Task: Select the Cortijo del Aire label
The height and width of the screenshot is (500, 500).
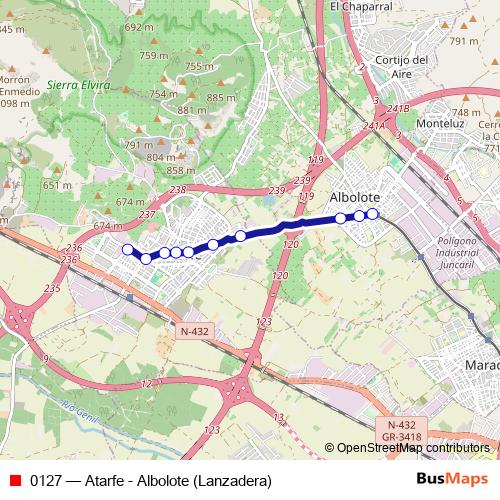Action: coord(398,66)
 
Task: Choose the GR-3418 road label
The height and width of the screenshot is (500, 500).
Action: coord(401,437)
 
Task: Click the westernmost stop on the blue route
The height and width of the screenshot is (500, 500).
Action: coord(127,250)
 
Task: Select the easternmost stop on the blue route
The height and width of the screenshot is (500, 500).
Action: coord(373,213)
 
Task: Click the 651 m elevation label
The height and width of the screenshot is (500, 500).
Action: coord(57,185)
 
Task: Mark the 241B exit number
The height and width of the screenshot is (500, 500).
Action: coord(398,108)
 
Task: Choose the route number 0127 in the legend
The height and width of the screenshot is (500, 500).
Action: coord(47,481)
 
